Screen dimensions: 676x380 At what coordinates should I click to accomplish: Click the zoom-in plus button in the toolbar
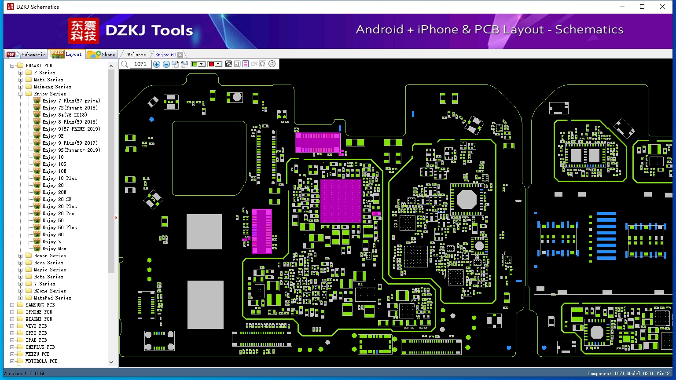tap(156, 64)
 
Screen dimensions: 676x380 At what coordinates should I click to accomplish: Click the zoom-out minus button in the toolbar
tap(166, 64)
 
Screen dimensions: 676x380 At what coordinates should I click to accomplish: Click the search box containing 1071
tap(140, 64)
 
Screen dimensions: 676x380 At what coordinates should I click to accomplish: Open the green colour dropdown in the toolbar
tap(202, 64)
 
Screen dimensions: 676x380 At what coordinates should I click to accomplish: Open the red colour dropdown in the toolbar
tap(218, 64)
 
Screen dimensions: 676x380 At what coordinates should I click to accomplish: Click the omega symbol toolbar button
tap(263, 64)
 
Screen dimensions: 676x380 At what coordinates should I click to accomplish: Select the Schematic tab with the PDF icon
tap(26, 54)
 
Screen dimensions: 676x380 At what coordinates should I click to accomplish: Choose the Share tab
tap(101, 54)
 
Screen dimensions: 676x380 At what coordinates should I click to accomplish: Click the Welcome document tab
tap(136, 55)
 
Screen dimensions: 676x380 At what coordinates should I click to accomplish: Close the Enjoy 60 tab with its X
tap(180, 55)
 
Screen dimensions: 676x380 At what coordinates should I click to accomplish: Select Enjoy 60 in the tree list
tap(53, 234)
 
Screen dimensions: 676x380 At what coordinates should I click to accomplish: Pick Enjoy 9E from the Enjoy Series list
tap(53, 136)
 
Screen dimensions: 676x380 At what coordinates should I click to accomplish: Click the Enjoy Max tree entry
tap(54, 248)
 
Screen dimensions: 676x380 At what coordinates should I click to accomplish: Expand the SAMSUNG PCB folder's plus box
tap(12, 305)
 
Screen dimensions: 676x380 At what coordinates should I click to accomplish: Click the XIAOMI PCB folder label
tap(39, 319)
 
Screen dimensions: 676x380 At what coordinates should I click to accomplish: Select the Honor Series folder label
tap(50, 256)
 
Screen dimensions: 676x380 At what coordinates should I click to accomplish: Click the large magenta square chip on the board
tap(341, 201)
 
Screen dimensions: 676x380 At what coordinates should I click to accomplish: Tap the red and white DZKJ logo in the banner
tap(84, 30)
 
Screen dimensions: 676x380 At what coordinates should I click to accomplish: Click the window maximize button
tap(642, 7)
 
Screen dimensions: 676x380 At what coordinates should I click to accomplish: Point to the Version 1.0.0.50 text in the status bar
tap(25, 373)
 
